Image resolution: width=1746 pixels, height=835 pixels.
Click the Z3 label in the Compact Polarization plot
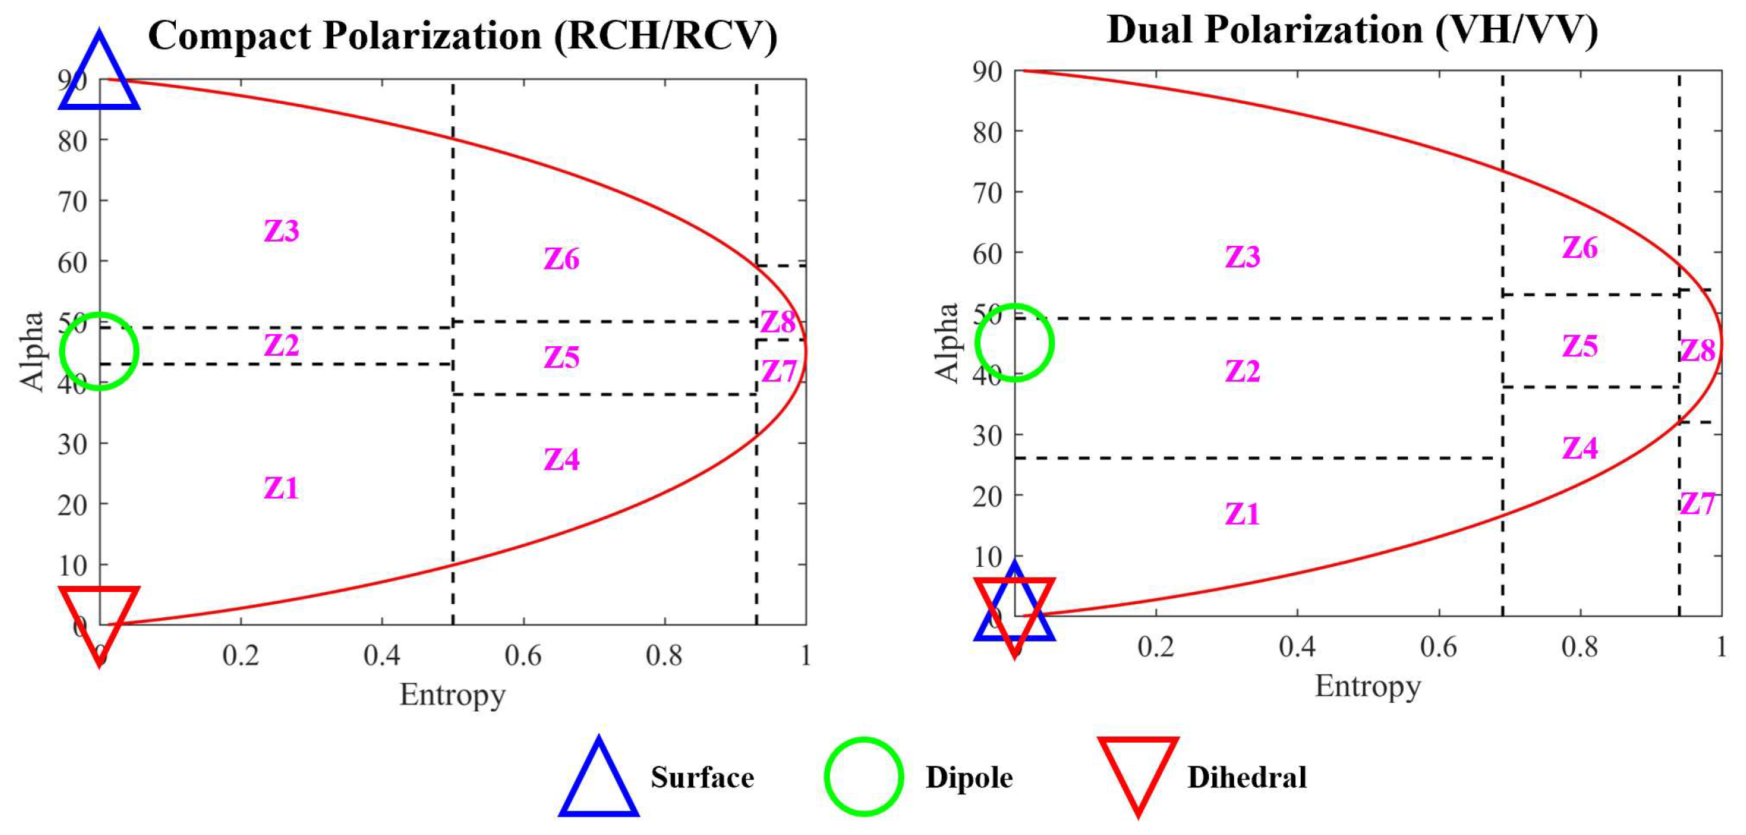281,231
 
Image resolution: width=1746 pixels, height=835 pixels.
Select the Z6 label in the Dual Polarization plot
1579,248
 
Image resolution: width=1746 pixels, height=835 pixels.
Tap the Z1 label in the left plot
281,488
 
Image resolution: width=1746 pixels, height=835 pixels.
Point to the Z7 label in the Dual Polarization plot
1697,504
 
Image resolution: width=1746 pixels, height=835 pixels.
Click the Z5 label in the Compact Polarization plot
561,358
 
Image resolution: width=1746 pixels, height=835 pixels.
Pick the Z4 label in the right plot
1579,448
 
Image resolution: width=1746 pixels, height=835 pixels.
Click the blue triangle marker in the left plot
99,75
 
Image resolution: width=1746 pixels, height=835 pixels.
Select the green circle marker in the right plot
1014,342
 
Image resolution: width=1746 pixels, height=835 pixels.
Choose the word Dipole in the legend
969,778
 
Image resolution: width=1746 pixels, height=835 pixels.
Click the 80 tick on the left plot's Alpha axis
73,141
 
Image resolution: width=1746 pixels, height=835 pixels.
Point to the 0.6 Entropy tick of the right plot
1438,647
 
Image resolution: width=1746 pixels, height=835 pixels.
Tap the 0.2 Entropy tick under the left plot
240,656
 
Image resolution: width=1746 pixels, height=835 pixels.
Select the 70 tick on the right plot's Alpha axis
987,193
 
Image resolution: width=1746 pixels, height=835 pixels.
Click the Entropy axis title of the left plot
452,695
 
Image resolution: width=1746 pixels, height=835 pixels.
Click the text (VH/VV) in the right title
1517,31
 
